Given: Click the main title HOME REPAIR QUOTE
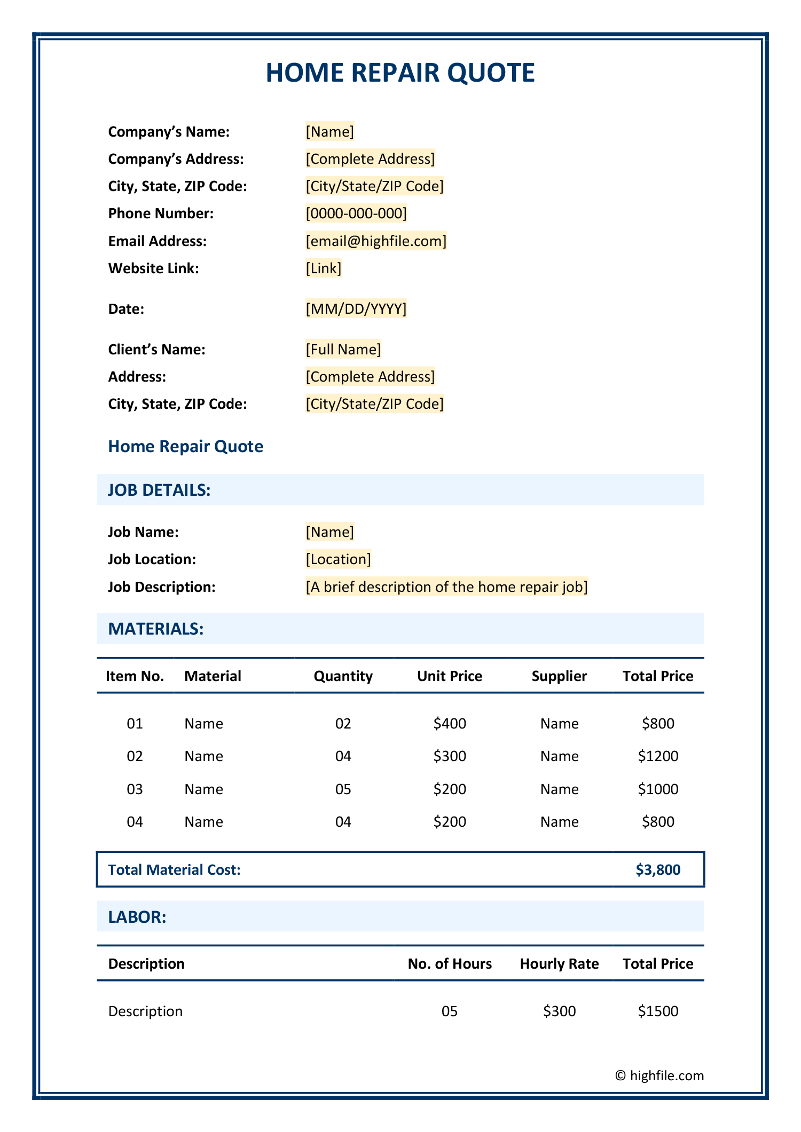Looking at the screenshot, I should pos(400,73).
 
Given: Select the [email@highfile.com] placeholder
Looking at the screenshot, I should pos(376,241).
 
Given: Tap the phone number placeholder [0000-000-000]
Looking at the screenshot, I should pos(356,213).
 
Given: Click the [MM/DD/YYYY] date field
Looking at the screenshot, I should pos(356,308).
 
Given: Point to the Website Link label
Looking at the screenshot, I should pos(153,268).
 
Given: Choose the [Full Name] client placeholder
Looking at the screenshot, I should pos(343,349).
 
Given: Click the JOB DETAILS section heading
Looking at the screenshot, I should pos(159,490).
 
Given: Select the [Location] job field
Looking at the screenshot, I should pos(338,559).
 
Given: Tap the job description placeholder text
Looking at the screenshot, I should pos(446,587).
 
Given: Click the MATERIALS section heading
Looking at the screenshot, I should pos(156,629).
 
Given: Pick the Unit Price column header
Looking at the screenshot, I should pos(450,676).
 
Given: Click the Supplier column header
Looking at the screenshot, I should pos(559,676).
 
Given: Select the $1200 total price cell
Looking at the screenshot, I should pos(658,756).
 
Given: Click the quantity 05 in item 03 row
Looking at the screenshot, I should pos(343,789).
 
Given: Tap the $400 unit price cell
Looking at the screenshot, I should pos(450,723).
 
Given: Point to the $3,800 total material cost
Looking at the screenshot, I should pos(658,869).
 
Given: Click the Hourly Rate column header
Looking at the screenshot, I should pos(559,963).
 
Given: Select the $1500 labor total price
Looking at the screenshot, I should pos(658,1011).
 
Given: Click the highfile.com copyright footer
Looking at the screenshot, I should pos(659,1075).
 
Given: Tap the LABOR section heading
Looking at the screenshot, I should pos(137,917).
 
